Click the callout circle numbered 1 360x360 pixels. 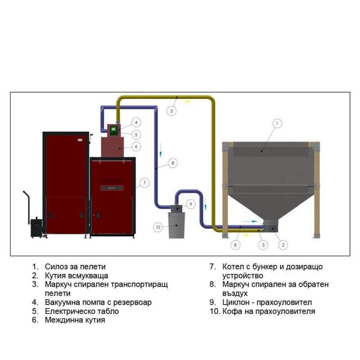(x=277, y=122)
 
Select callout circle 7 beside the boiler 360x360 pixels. (x=144, y=183)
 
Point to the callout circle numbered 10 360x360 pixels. (x=157, y=227)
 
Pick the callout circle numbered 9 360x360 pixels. (x=190, y=204)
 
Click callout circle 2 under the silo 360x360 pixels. (x=282, y=245)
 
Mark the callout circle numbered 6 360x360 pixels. (x=135, y=146)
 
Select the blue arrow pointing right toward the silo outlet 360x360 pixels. (x=249, y=221)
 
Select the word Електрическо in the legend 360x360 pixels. (x=68, y=311)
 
